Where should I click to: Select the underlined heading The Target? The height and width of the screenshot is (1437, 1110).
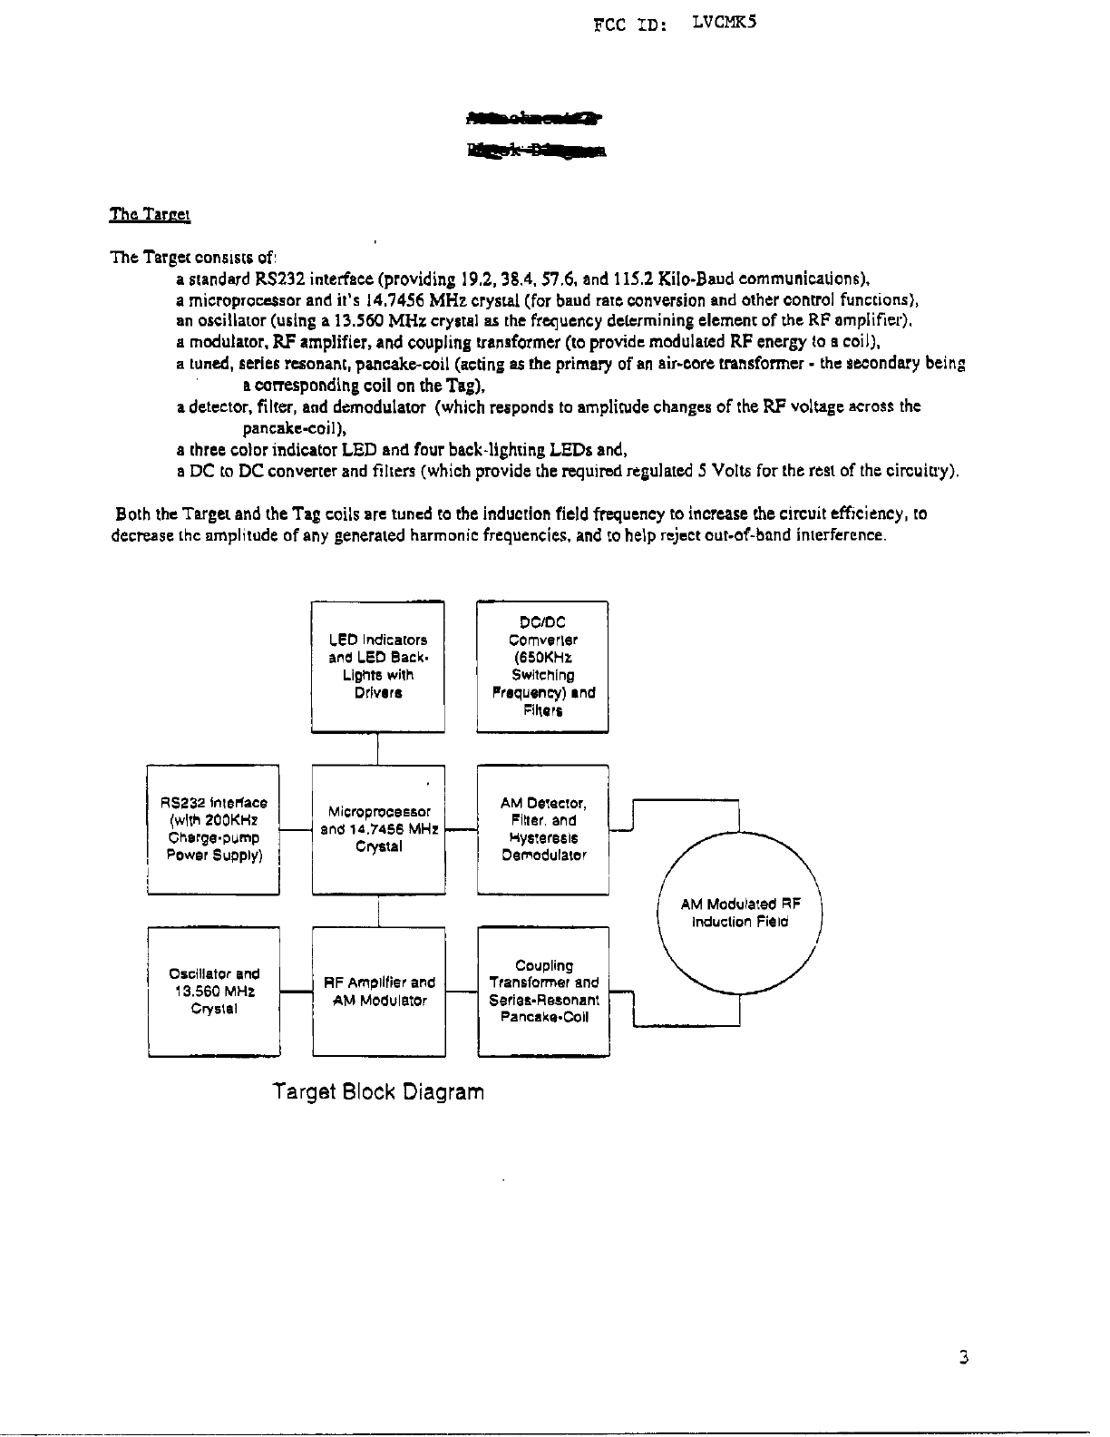[149, 215]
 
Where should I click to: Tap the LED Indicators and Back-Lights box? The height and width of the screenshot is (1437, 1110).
[377, 666]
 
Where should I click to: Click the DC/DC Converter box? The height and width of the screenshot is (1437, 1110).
[542, 666]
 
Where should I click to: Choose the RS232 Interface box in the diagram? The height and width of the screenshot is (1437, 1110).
[213, 829]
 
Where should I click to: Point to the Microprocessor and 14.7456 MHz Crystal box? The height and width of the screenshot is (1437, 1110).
[378, 829]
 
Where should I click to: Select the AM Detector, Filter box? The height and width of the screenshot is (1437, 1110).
[542, 829]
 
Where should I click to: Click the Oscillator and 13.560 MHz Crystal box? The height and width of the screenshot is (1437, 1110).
[213, 991]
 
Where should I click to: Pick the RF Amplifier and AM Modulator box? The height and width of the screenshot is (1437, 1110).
[378, 991]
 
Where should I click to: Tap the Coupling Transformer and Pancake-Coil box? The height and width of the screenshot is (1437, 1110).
[543, 991]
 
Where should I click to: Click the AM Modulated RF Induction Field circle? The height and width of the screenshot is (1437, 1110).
[740, 912]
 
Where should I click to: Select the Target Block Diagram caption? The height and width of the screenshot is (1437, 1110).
[378, 1090]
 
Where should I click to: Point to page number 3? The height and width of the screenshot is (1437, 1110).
[964, 1358]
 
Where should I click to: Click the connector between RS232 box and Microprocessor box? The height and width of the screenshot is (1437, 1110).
[295, 829]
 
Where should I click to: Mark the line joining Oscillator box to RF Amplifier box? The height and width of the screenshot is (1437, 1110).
[295, 993]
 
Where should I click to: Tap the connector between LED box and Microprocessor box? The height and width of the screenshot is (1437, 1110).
[378, 748]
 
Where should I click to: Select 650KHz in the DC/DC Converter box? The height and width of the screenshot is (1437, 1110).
[542, 657]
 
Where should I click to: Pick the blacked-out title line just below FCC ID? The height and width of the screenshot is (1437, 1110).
[535, 118]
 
